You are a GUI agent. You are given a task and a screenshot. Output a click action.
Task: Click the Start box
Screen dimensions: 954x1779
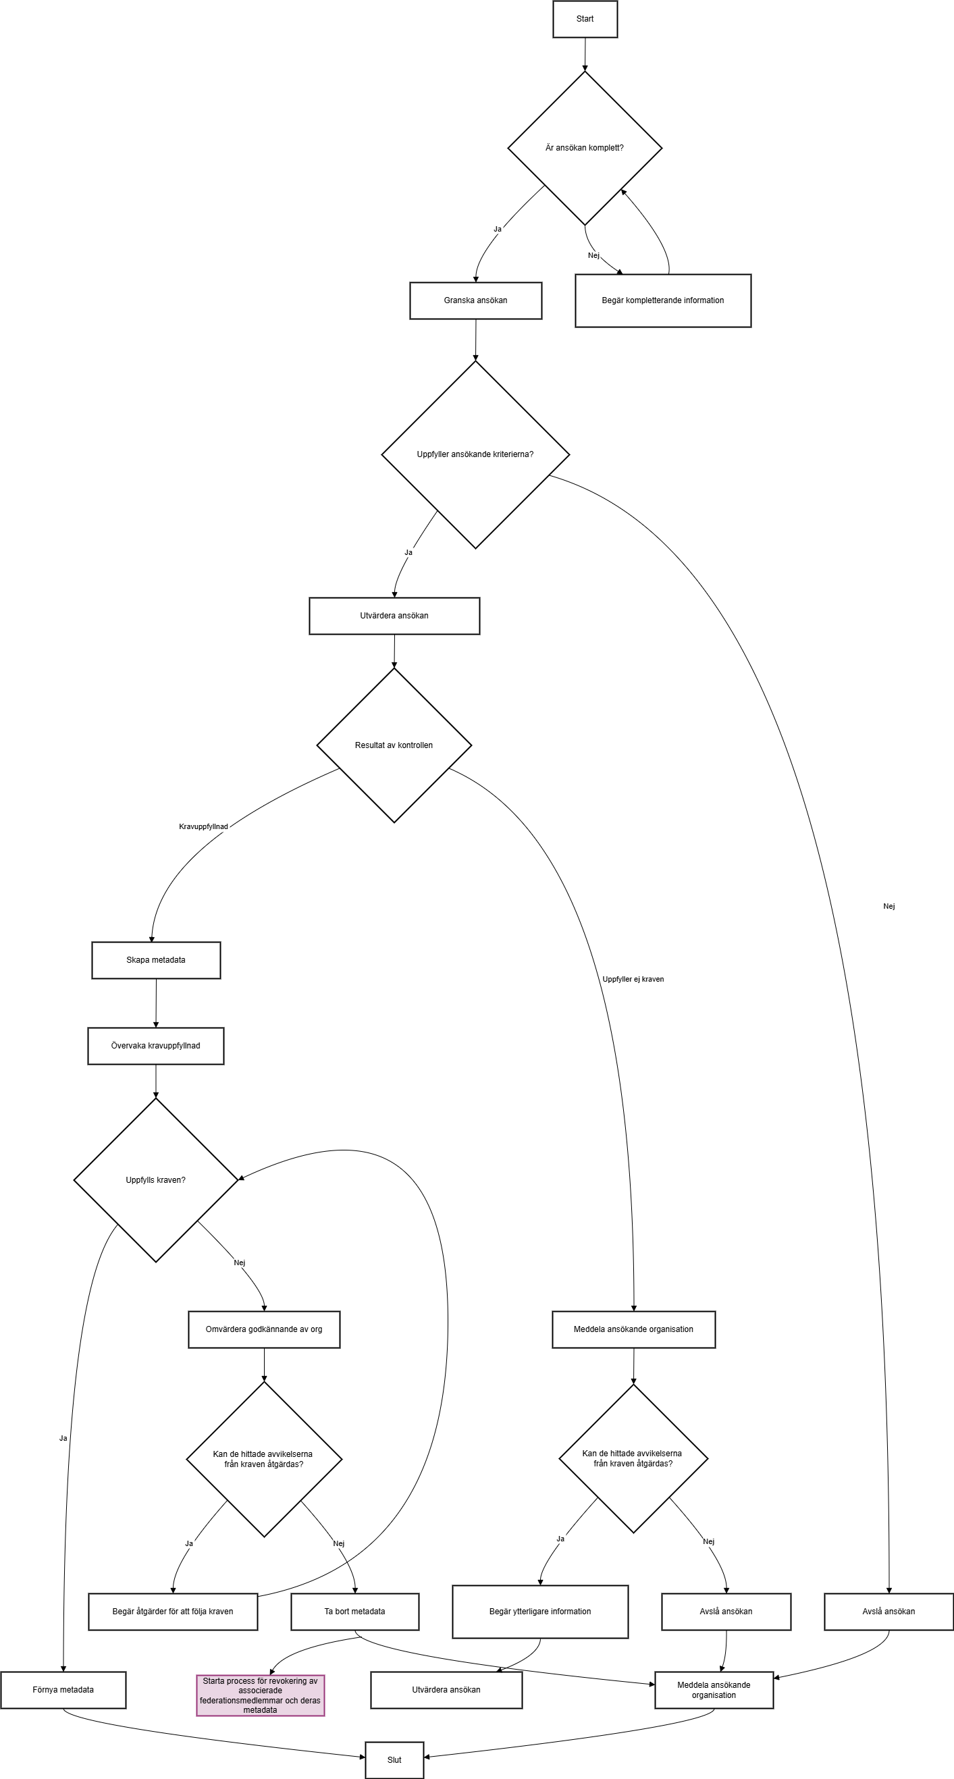585,19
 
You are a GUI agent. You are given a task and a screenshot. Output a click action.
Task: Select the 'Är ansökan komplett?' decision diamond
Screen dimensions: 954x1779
585,148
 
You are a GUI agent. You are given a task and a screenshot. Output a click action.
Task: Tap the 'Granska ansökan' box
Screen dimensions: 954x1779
475,300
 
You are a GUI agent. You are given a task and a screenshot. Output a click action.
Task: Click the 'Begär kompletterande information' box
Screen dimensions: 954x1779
662,300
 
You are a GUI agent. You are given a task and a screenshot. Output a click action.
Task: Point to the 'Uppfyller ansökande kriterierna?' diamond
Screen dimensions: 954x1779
475,454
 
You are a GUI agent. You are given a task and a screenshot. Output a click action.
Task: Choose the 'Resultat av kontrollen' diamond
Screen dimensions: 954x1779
394,745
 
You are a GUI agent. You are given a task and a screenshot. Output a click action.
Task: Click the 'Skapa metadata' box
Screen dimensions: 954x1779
156,960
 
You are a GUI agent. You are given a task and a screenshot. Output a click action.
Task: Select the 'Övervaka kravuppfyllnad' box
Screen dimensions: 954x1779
155,1046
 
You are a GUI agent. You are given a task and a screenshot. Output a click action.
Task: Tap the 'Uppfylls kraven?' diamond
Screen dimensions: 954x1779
155,1180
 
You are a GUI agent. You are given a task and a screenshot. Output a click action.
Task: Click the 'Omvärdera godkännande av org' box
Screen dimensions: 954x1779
264,1329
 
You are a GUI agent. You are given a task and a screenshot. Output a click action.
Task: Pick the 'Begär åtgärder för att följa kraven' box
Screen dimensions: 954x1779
173,1612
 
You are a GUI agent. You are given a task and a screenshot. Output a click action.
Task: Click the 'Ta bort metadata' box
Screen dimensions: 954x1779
355,1612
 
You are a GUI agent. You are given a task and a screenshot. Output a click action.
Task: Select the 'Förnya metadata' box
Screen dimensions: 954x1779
63,1690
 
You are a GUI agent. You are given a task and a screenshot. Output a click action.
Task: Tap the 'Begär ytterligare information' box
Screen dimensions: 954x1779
540,1612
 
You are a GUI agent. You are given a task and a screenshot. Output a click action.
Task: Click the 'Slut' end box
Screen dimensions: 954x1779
394,1759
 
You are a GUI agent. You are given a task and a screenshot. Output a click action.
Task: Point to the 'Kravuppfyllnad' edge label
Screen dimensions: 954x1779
203,826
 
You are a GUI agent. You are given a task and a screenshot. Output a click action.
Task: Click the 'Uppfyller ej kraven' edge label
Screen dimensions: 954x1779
633,979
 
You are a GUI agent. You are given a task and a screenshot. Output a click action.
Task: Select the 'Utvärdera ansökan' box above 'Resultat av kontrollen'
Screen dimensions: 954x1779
394,616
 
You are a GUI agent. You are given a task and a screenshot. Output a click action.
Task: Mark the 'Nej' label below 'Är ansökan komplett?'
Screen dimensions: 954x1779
593,255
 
